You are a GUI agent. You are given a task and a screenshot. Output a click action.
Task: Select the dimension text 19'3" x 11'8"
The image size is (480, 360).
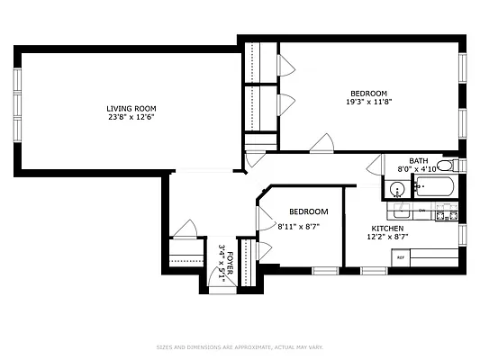click(x=368, y=102)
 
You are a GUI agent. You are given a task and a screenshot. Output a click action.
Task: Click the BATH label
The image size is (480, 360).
click(x=419, y=160)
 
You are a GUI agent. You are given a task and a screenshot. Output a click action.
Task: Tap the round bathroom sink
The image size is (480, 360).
click(x=396, y=189)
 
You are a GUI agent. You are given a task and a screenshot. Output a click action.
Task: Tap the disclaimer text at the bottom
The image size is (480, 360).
click(x=240, y=347)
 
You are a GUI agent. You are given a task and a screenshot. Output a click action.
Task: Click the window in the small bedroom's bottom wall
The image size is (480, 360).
click(x=324, y=270)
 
